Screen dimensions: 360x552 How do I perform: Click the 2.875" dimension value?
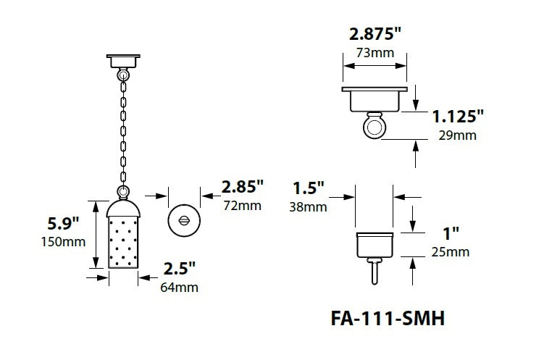tap(375, 33)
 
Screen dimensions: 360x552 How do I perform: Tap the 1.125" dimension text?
tap(458, 117)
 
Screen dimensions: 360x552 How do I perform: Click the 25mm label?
tap(451, 252)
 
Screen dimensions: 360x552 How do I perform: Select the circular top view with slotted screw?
tap(183, 220)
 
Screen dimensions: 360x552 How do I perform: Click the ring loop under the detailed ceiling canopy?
tap(375, 127)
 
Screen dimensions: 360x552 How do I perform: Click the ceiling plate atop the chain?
tap(122, 59)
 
